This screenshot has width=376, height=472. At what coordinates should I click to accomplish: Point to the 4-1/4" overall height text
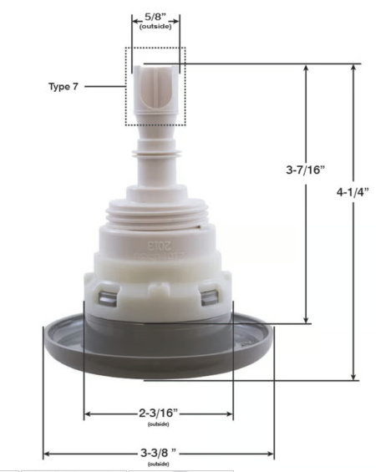click(x=352, y=190)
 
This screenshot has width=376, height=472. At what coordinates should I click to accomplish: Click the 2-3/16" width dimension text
click(x=158, y=413)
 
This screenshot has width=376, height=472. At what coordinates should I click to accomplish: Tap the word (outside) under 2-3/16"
click(x=158, y=424)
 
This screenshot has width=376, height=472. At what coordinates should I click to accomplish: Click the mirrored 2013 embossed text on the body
click(x=158, y=246)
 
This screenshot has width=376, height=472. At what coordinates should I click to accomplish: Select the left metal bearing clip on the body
click(x=106, y=294)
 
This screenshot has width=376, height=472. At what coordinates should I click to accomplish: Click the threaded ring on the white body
click(x=157, y=219)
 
